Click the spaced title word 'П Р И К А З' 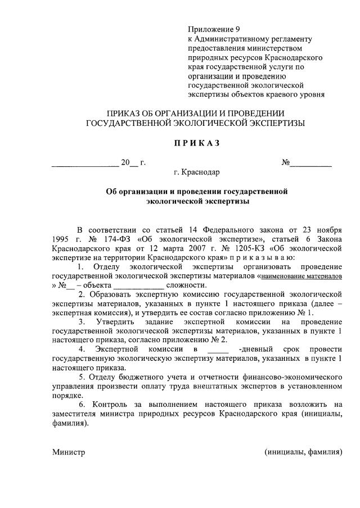pyautogui.click(x=196, y=143)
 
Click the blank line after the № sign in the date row pyautogui.click(x=310, y=164)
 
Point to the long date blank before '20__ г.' pyautogui.click(x=85, y=164)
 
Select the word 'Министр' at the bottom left pyautogui.click(x=69, y=452)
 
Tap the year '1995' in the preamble pyautogui.click(x=62, y=238)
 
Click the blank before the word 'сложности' pyautogui.click(x=138, y=285)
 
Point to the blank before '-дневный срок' pyautogui.click(x=218, y=349)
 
